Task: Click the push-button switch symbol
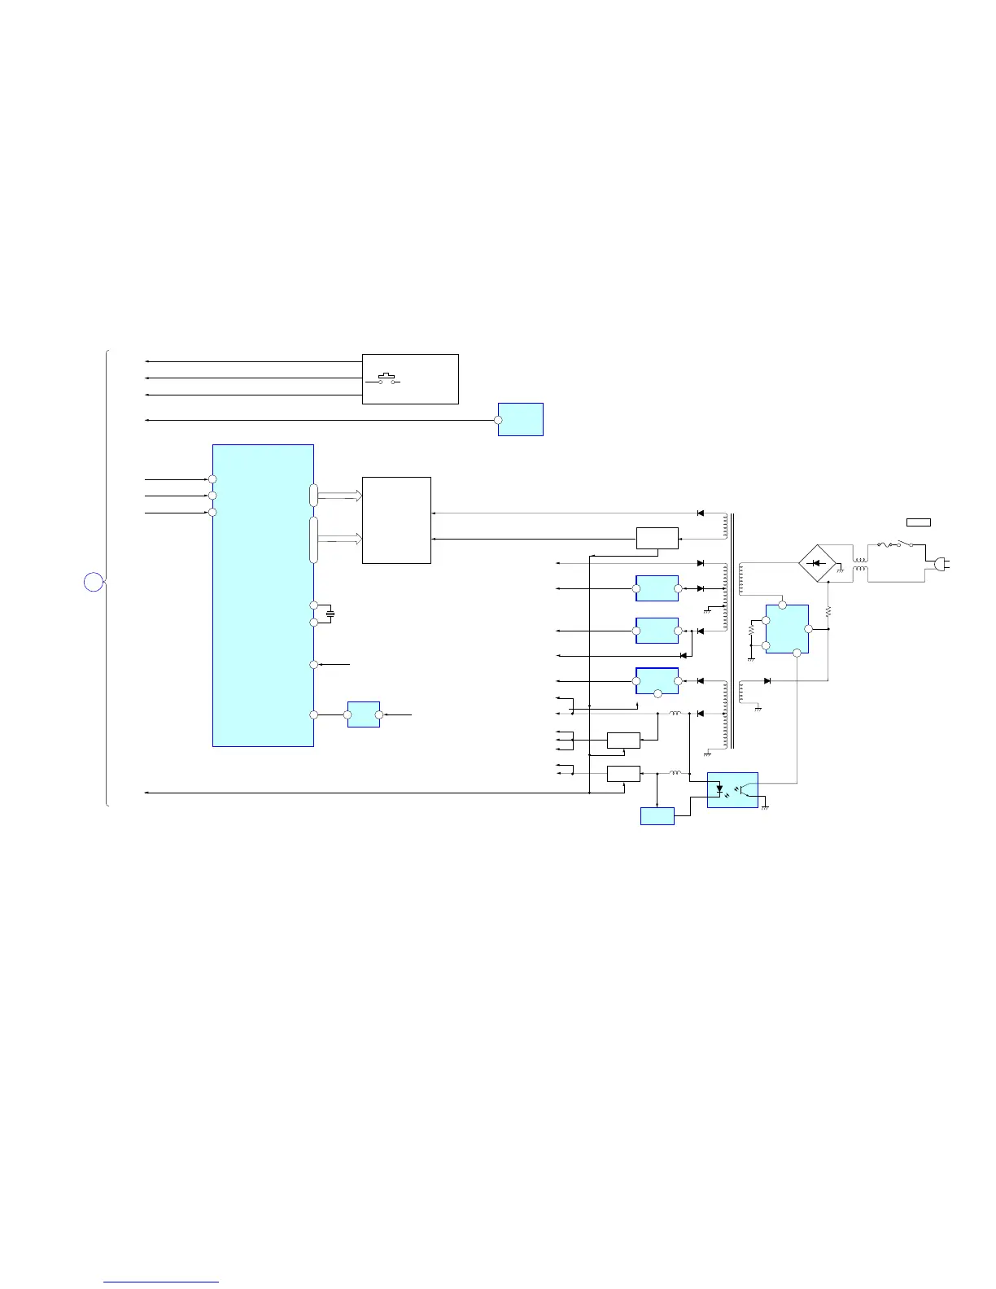click(387, 379)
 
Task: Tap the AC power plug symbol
click(941, 563)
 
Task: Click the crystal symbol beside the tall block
click(330, 614)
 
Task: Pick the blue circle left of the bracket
click(94, 582)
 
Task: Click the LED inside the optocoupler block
click(719, 789)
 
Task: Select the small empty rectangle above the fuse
click(919, 522)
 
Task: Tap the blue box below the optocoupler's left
click(657, 815)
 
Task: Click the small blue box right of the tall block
click(363, 714)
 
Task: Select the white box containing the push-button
click(410, 379)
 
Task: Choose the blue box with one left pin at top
click(520, 419)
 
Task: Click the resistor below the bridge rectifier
click(828, 610)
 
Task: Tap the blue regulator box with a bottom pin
click(657, 681)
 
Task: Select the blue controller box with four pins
click(787, 629)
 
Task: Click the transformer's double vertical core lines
click(732, 631)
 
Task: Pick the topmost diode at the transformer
click(701, 513)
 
